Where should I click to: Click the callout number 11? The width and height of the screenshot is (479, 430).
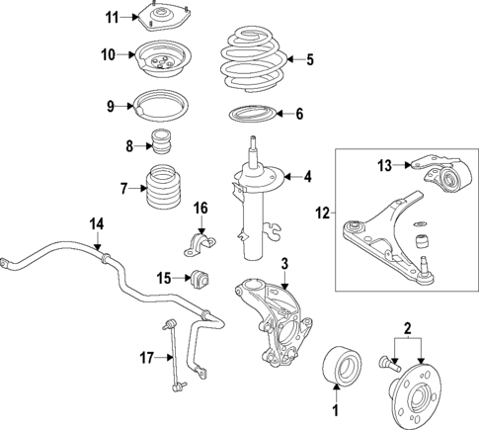click(x=112, y=17)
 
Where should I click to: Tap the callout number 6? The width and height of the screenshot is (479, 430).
click(x=298, y=115)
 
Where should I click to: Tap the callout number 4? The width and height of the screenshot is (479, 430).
click(x=307, y=178)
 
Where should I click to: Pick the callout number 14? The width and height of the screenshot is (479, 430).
click(x=97, y=223)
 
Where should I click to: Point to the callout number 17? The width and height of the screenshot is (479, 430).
click(x=145, y=359)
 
